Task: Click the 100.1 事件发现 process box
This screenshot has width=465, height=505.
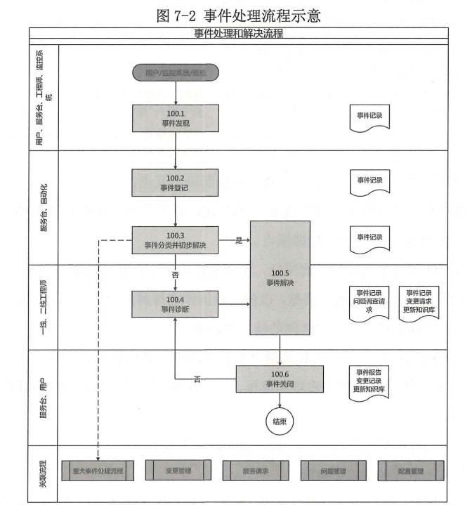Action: coord(174,118)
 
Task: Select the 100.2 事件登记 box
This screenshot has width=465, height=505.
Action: coord(174,183)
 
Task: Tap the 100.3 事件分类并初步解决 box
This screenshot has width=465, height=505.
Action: coord(174,240)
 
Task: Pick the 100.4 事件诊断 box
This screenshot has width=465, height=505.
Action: coord(174,304)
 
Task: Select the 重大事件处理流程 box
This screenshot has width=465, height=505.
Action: coord(92,469)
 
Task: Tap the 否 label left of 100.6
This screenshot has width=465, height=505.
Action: coord(197,380)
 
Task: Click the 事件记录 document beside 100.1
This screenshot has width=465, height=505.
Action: coord(369,117)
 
